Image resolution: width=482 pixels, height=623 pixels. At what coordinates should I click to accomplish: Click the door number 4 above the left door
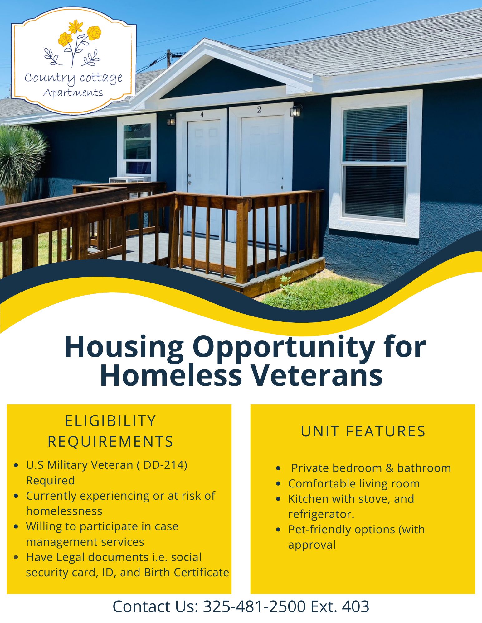pyautogui.click(x=202, y=114)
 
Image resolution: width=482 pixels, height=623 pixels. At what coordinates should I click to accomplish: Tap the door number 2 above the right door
pyautogui.click(x=259, y=109)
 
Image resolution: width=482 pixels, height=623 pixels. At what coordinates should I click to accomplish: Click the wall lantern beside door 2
pyautogui.click(x=296, y=111)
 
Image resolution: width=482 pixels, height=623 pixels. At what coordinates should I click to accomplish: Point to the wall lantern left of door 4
pyautogui.click(x=171, y=120)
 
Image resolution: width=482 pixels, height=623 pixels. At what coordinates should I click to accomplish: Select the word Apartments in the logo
pyautogui.click(x=73, y=93)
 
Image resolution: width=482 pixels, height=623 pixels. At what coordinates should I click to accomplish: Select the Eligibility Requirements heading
pyautogui.click(x=110, y=431)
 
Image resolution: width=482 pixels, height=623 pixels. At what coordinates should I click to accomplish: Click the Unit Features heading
pyautogui.click(x=363, y=431)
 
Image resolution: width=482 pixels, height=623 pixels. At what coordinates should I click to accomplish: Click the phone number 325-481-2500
pyautogui.click(x=254, y=606)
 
